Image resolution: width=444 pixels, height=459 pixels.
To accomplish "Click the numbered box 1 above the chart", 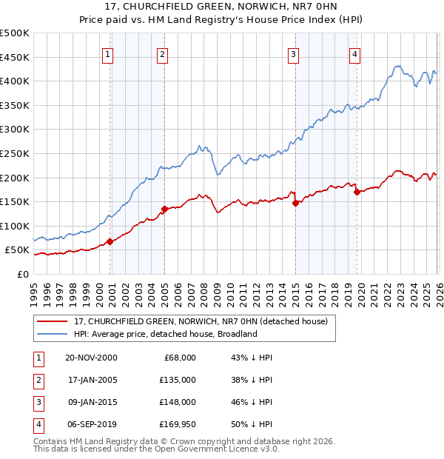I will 108,53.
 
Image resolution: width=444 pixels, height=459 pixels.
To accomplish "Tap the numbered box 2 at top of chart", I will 162,53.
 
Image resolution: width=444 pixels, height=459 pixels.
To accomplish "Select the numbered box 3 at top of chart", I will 294,53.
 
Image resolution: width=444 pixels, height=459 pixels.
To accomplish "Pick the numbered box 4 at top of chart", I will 355,53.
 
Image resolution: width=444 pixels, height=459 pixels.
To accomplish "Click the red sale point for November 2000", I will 110,241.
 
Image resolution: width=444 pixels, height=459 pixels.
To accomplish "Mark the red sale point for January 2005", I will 164,209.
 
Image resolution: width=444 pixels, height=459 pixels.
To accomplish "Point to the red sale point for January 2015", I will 295,203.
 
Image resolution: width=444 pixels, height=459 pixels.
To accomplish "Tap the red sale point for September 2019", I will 357,192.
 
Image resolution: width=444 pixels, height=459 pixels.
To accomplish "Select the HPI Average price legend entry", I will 164,335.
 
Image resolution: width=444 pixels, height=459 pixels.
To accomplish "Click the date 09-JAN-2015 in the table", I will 91,403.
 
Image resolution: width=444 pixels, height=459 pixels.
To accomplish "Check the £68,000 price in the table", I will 180,358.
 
